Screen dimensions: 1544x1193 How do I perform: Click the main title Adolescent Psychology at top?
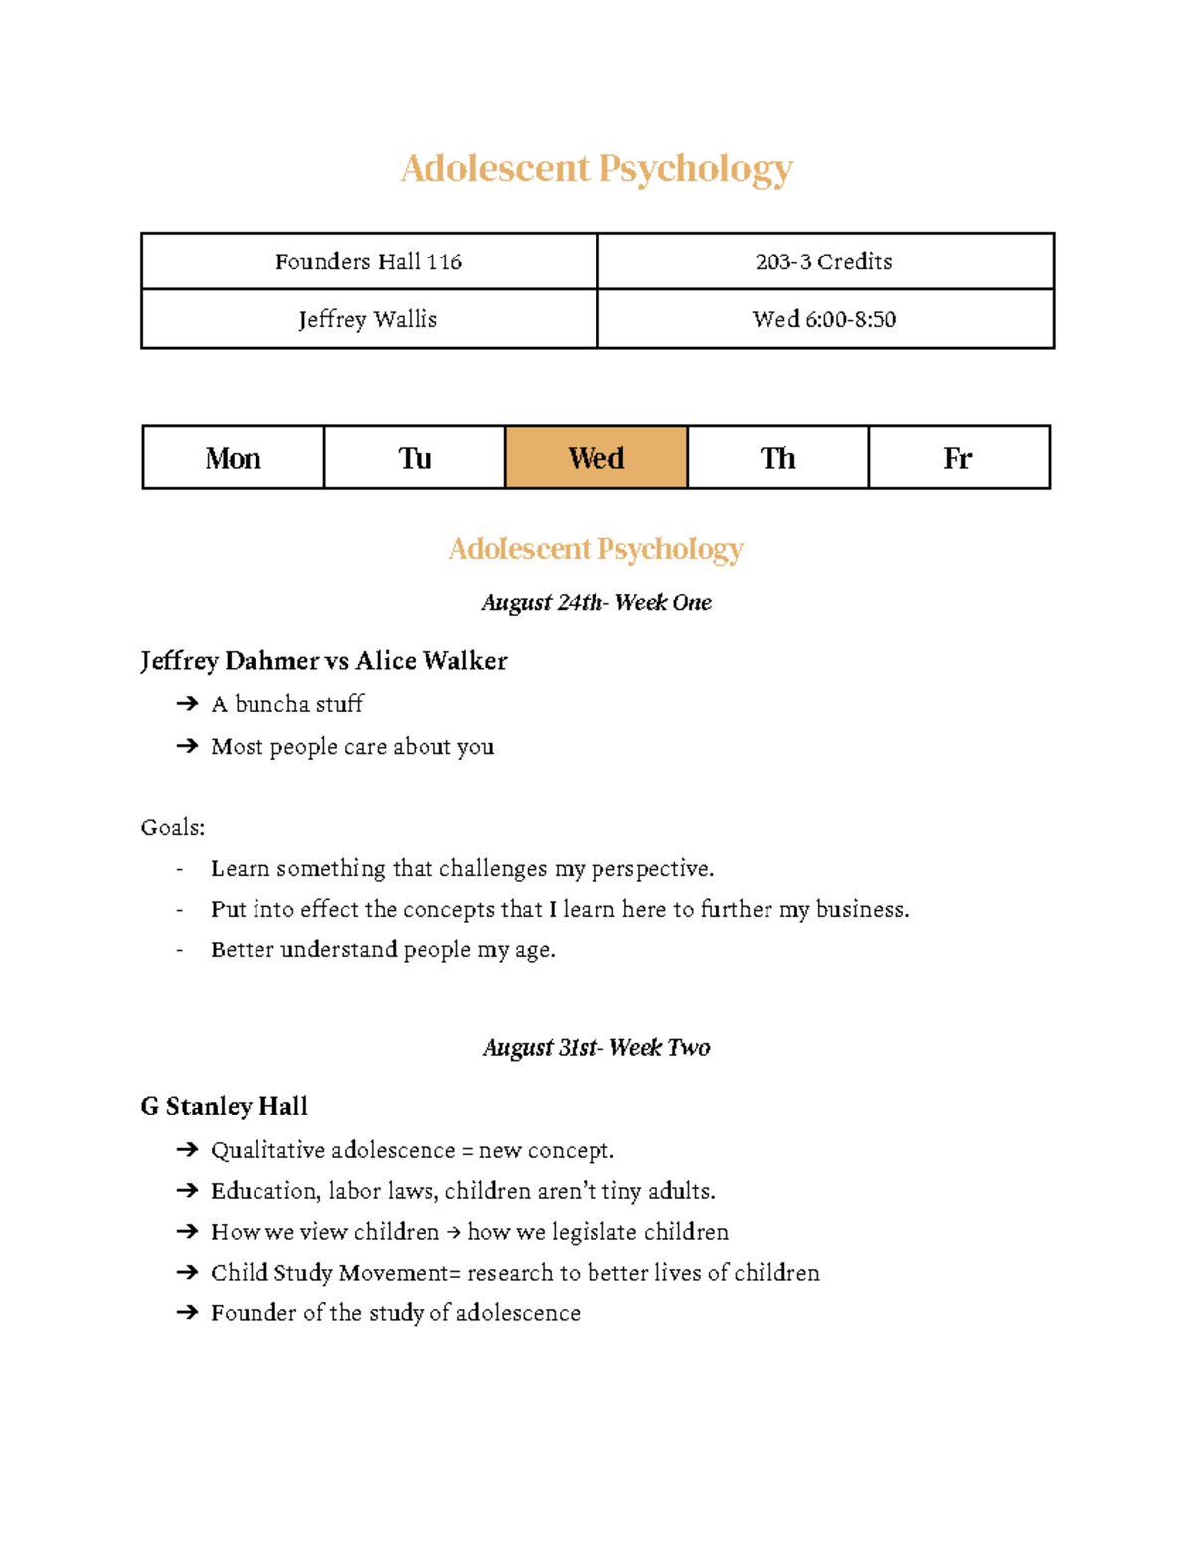[596, 168]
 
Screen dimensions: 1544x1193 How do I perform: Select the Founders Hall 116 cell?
[369, 261]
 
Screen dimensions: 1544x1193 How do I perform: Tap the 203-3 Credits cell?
[824, 261]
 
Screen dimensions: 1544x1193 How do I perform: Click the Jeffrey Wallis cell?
[369, 319]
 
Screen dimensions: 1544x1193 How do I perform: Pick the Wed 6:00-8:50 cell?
[824, 319]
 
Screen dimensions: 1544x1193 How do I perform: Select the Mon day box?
[234, 457]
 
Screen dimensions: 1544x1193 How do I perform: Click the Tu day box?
[415, 457]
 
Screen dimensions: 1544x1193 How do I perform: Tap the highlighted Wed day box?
[596, 457]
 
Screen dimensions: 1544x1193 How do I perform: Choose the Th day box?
[777, 457]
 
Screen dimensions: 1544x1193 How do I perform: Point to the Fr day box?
[958, 457]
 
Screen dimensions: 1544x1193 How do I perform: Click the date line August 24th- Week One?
[596, 602]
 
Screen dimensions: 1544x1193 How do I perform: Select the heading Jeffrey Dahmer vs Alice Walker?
[324, 661]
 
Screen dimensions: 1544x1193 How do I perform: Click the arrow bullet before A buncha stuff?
[187, 704]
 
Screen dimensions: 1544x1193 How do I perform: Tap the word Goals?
[173, 827]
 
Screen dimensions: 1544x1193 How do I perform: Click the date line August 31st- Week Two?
[596, 1047]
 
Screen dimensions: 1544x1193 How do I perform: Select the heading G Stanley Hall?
[225, 1106]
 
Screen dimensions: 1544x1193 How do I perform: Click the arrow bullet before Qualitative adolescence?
[187, 1150]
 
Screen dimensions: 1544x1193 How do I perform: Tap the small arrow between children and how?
[453, 1233]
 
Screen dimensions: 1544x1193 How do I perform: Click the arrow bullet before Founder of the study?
[187, 1313]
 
